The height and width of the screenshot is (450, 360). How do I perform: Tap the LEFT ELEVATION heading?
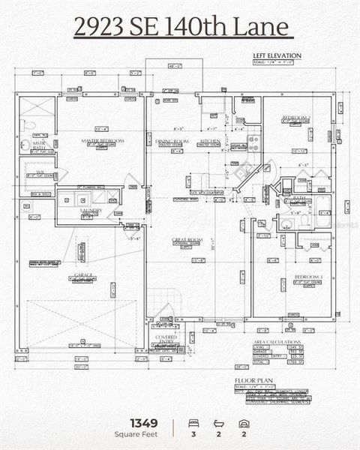pyautogui.click(x=277, y=55)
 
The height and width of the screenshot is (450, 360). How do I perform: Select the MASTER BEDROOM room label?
pyautogui.click(x=102, y=141)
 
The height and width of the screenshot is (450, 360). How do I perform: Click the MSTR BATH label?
pyautogui.click(x=37, y=146)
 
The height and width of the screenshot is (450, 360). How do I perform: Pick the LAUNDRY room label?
pyautogui.click(x=91, y=211)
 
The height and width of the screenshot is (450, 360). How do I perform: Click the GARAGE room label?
pyautogui.click(x=83, y=275)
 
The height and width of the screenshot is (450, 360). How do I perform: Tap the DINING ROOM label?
pyautogui.click(x=172, y=141)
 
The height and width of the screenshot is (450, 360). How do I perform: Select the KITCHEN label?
pyautogui.click(x=210, y=141)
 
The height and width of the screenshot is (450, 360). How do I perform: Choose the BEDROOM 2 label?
pyautogui.click(x=295, y=118)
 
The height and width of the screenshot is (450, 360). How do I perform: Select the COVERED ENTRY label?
pyautogui.click(x=166, y=340)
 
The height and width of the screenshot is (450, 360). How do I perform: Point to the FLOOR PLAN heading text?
pyautogui.click(x=250, y=381)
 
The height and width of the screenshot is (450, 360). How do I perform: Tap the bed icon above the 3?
pyautogui.click(x=193, y=423)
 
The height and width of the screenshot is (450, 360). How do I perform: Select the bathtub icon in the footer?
pyautogui.click(x=218, y=423)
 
